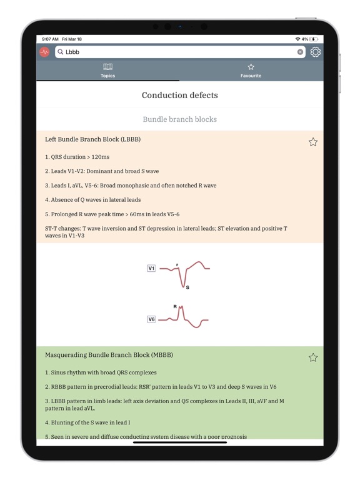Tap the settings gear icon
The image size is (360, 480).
point(316,52)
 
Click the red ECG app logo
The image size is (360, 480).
point(45,52)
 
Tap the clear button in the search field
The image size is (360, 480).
point(300,52)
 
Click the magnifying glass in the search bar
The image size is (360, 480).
point(61,52)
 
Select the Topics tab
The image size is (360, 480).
point(107,70)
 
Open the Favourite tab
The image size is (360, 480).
point(251,70)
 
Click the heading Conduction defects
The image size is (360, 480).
point(180,96)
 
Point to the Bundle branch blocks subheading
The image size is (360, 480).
point(180,119)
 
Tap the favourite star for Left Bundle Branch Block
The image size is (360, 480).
point(313,142)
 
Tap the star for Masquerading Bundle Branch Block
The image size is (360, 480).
point(313,357)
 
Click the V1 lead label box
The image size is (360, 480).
point(151,268)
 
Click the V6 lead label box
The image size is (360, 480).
point(151,319)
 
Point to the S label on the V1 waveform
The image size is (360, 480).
point(187,287)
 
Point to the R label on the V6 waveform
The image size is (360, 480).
point(175,307)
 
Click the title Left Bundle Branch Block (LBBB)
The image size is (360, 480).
point(92,139)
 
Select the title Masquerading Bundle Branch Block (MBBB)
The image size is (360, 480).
point(109,355)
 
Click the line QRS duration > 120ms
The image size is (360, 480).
point(77,157)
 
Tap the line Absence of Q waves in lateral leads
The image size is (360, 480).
point(92,200)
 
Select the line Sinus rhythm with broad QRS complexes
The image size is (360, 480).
point(101,372)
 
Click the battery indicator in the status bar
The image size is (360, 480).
point(314,39)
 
